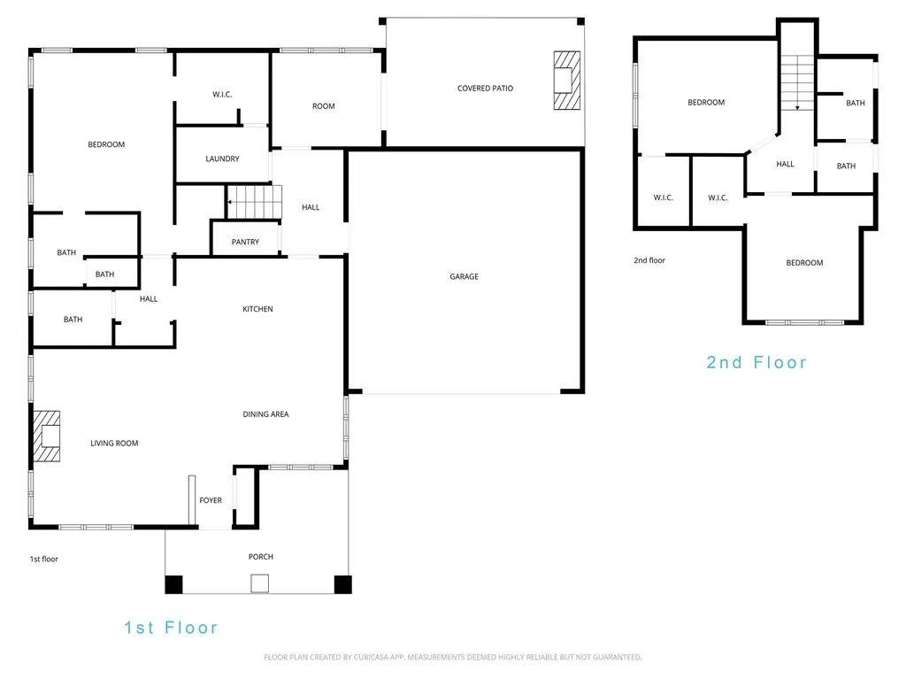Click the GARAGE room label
464,276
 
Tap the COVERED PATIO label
486,89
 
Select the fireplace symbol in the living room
47,436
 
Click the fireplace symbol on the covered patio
567,81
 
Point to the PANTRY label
246,242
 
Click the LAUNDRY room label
222,158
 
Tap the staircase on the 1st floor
254,202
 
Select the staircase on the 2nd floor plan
797,82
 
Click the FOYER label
211,500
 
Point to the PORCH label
261,556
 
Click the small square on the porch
260,583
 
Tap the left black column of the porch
174,584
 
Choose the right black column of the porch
342,584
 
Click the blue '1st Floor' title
171,628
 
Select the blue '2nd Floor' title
756,362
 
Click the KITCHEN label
257,309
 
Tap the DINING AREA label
265,414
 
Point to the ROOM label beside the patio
324,106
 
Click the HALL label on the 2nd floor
786,164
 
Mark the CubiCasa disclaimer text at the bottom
453,657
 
